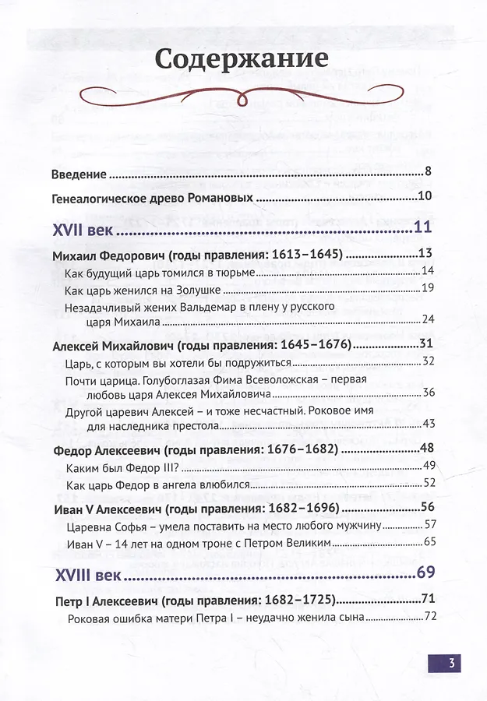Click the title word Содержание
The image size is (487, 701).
pyautogui.click(x=241, y=58)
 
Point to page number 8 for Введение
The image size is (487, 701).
pyautogui.click(x=428, y=172)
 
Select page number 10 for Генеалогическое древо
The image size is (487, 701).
pyautogui.click(x=425, y=197)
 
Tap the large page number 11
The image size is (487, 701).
pyautogui.click(x=422, y=228)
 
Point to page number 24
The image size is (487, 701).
pyautogui.click(x=427, y=319)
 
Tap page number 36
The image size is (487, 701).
pyautogui.click(x=427, y=392)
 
